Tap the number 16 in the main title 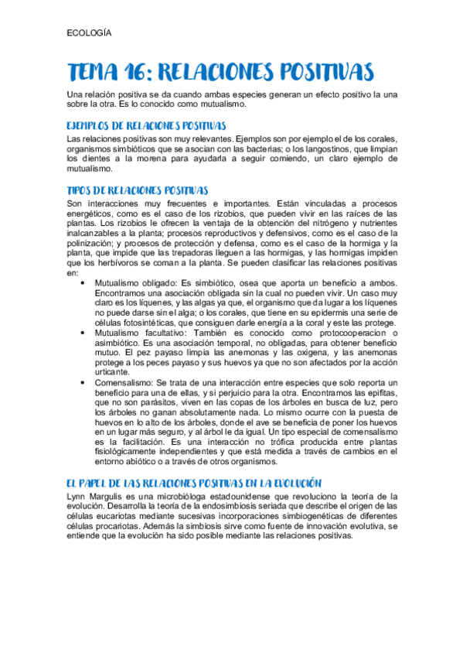tap(130, 73)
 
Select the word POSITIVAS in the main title tap(325, 73)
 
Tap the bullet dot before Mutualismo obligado tap(82, 283)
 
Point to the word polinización tap(92, 243)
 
